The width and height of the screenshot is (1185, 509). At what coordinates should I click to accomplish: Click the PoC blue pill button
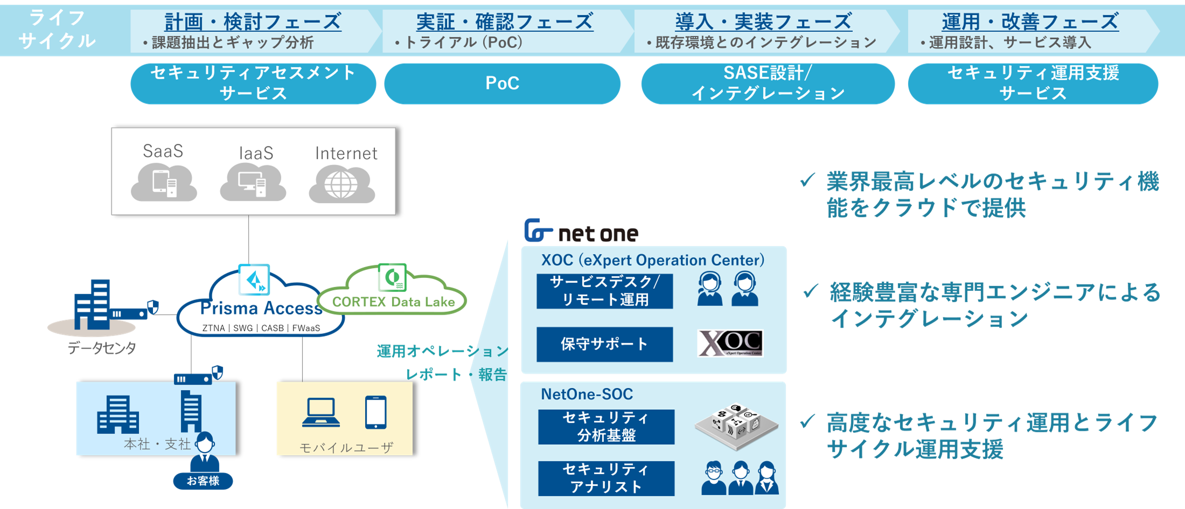click(502, 83)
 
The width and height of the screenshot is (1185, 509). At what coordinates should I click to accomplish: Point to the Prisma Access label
click(261, 308)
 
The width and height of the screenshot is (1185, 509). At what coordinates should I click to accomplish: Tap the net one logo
click(581, 232)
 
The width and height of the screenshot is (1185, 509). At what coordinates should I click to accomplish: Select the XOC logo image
click(730, 344)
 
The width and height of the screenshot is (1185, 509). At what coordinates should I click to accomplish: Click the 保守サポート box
click(604, 344)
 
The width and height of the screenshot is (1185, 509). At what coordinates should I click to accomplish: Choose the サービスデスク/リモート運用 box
click(604, 291)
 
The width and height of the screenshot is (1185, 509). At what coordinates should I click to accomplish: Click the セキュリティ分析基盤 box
click(606, 427)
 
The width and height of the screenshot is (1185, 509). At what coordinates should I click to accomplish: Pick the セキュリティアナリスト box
click(606, 478)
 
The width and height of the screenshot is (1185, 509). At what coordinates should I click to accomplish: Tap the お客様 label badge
click(203, 480)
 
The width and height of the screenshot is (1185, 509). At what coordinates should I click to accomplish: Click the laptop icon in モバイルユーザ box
click(321, 413)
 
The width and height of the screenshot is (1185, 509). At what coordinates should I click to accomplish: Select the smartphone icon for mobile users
click(375, 413)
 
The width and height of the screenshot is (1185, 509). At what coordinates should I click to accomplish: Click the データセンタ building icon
click(93, 305)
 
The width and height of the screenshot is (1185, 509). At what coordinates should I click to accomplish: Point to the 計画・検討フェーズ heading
click(253, 22)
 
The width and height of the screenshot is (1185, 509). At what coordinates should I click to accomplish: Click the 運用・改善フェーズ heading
click(1030, 22)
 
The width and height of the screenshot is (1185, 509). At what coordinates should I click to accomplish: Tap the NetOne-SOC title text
click(587, 394)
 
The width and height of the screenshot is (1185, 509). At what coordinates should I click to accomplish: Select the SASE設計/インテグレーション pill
click(768, 83)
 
